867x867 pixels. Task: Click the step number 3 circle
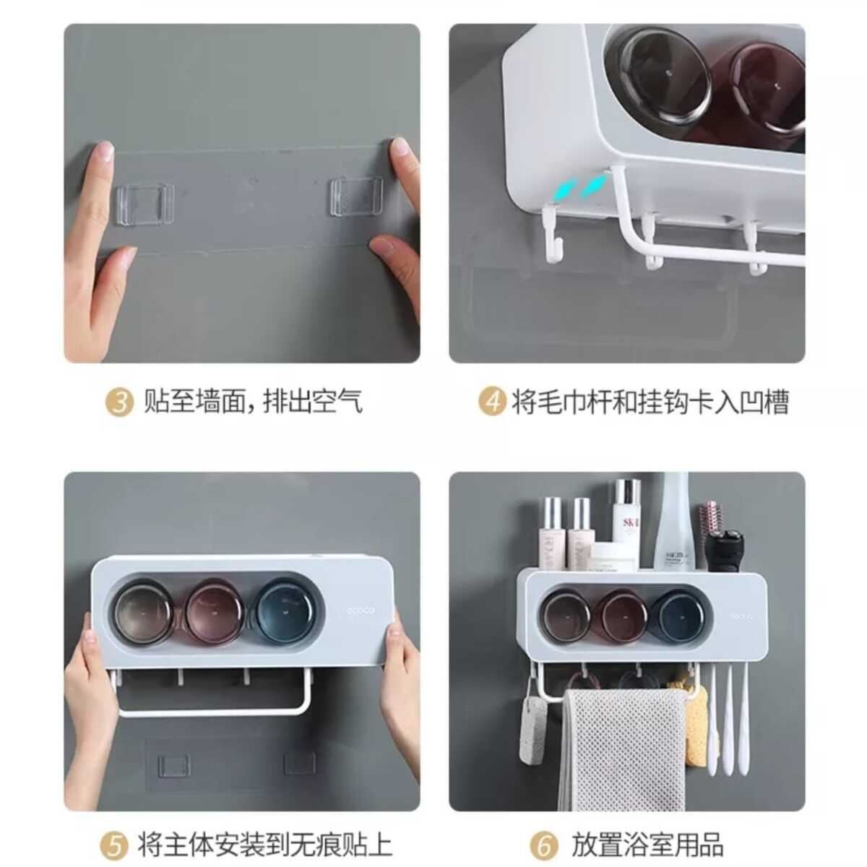[119, 402]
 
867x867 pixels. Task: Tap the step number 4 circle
[492, 402]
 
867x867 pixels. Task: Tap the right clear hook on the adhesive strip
[356, 197]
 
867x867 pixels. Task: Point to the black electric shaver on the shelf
[725, 551]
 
